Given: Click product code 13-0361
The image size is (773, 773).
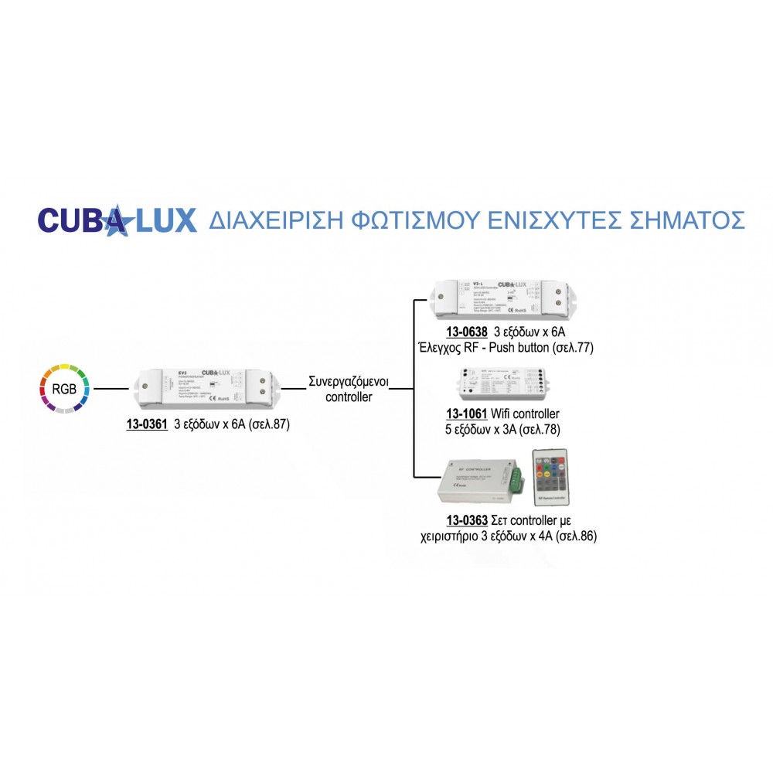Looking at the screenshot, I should click(x=147, y=424).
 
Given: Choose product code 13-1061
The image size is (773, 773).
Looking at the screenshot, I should click(x=467, y=414).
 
